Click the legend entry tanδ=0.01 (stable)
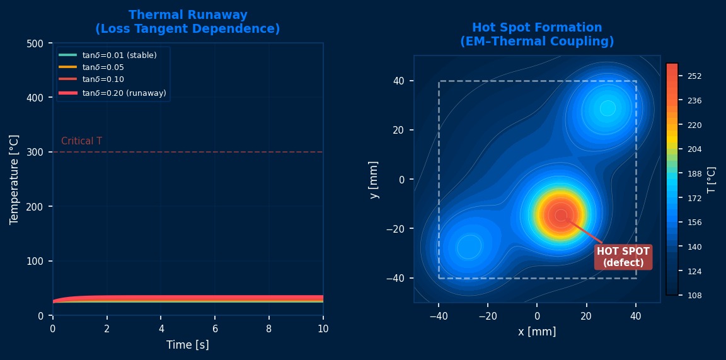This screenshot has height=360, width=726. tap(119, 55)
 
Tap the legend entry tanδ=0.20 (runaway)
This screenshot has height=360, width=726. tap(124, 93)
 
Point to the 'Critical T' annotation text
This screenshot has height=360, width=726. tap(81, 141)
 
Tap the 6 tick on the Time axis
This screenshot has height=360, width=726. tap(215, 328)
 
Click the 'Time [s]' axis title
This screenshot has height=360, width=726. tap(188, 345)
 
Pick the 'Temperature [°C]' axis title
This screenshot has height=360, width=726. tap(14, 179)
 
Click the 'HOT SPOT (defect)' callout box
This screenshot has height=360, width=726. tap(623, 257)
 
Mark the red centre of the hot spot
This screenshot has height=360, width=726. tap(560, 215)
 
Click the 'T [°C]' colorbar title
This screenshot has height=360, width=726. tap(712, 180)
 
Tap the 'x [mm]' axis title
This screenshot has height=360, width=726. tap(537, 332)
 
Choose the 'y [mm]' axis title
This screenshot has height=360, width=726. tap(374, 180)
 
